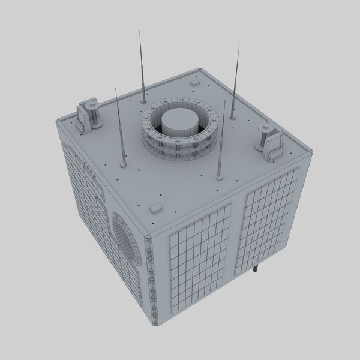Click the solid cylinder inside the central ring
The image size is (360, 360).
click(178, 123)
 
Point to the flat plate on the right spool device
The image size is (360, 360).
click(275, 144)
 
